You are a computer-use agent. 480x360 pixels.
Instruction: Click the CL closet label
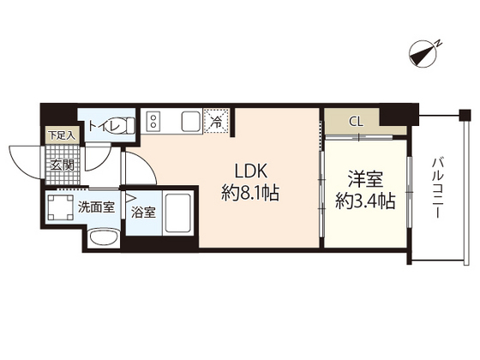pyautogui.click(x=355, y=122)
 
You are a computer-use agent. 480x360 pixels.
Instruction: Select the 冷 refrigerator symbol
pyautogui.click(x=218, y=122)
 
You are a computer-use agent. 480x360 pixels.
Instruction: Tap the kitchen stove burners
pyautogui.click(x=152, y=121)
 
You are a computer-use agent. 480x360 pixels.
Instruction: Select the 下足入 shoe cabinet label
pyautogui.click(x=62, y=135)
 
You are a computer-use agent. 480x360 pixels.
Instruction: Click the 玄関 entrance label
pyautogui.click(x=62, y=165)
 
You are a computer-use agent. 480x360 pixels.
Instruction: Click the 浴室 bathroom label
pyautogui.click(x=142, y=213)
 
